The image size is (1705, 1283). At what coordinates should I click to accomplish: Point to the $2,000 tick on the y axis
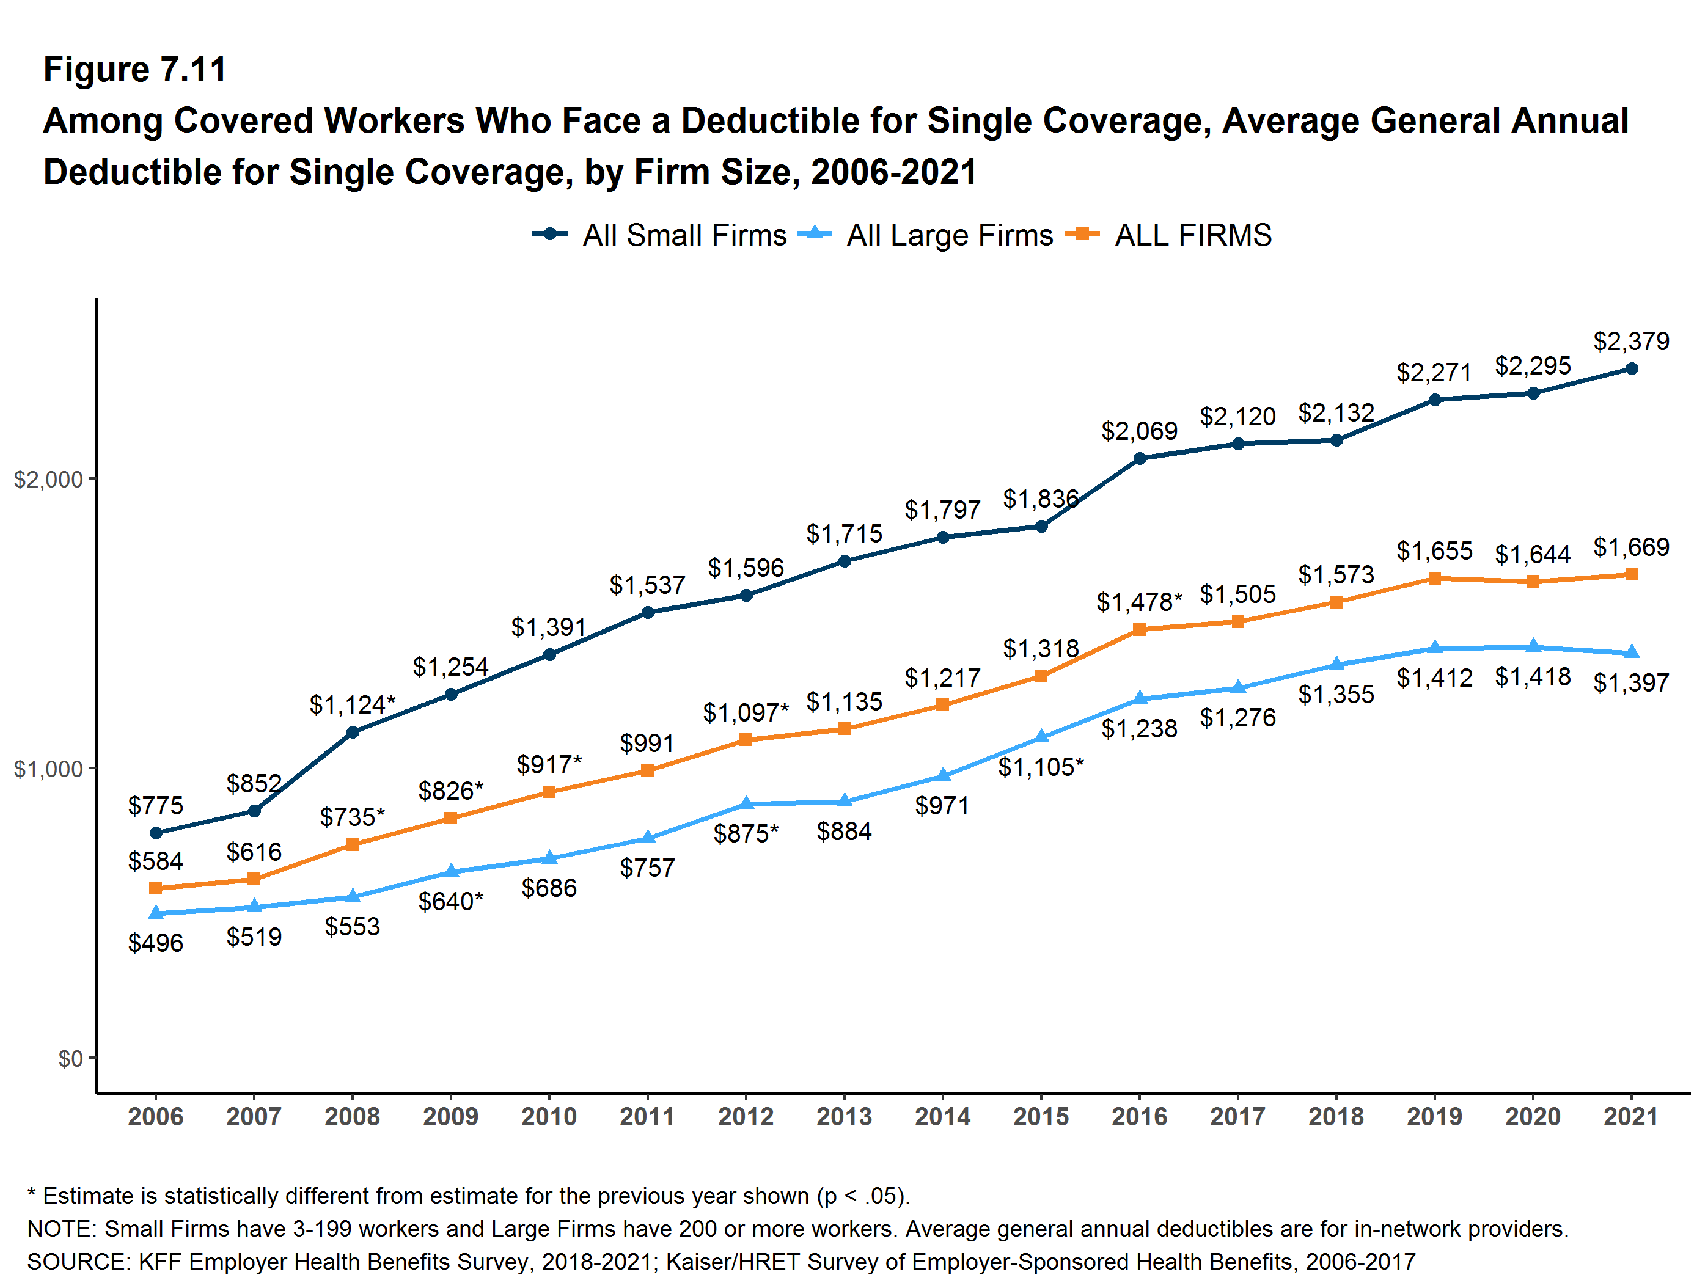tap(48, 480)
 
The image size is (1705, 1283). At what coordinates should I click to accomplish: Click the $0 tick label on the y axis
tap(70, 1059)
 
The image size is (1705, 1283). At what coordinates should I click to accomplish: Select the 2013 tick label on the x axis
tap(844, 1117)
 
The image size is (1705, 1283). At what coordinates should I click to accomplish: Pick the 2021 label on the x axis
tap(1631, 1117)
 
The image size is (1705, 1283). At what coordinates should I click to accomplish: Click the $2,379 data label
tap(1631, 340)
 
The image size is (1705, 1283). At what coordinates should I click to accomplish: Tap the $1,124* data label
tap(352, 704)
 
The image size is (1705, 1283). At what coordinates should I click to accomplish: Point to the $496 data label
tap(156, 943)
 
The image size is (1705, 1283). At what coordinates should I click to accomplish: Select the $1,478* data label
tap(1139, 601)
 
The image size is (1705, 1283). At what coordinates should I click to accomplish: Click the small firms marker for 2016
tap(1139, 458)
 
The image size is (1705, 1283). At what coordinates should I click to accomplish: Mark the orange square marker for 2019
tap(1434, 578)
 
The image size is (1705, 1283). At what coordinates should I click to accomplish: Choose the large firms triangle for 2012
tap(746, 803)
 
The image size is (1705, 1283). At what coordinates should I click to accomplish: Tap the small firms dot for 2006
tap(156, 833)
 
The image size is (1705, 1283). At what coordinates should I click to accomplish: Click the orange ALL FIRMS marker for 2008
tap(352, 844)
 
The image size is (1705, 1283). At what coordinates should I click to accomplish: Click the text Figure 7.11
tap(135, 70)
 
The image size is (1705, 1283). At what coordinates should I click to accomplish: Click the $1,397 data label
tap(1631, 682)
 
